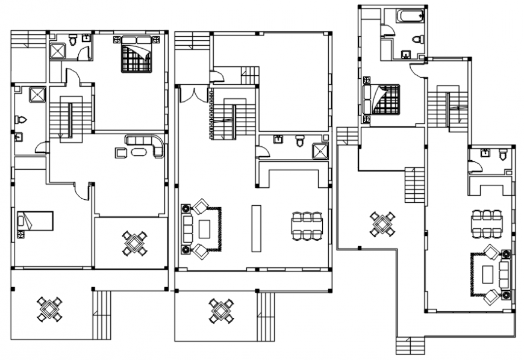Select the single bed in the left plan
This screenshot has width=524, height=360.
pyautogui.click(x=34, y=221)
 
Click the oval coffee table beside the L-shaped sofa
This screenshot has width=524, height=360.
pyautogui.click(x=139, y=151)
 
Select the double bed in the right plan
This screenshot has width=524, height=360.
pyautogui.click(x=381, y=98)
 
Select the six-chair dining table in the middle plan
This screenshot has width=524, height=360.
pyautogui.click(x=307, y=225)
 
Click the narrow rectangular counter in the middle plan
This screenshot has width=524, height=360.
pyautogui.click(x=256, y=228)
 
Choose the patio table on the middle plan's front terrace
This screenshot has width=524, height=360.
pyautogui.click(x=221, y=310)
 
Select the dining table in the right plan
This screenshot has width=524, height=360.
pyautogui.click(x=487, y=223)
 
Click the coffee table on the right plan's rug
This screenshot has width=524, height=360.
pyautogui.click(x=487, y=275)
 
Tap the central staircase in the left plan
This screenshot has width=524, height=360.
pyautogui.click(x=70, y=118)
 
